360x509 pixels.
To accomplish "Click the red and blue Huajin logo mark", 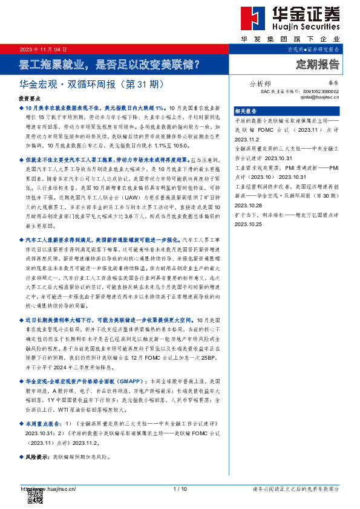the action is [249, 19].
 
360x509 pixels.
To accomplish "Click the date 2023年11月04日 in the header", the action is [44, 49].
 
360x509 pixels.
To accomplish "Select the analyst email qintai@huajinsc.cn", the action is [319, 97].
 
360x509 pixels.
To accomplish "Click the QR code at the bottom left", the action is [35, 496].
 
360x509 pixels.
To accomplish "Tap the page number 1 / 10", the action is [180, 488].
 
